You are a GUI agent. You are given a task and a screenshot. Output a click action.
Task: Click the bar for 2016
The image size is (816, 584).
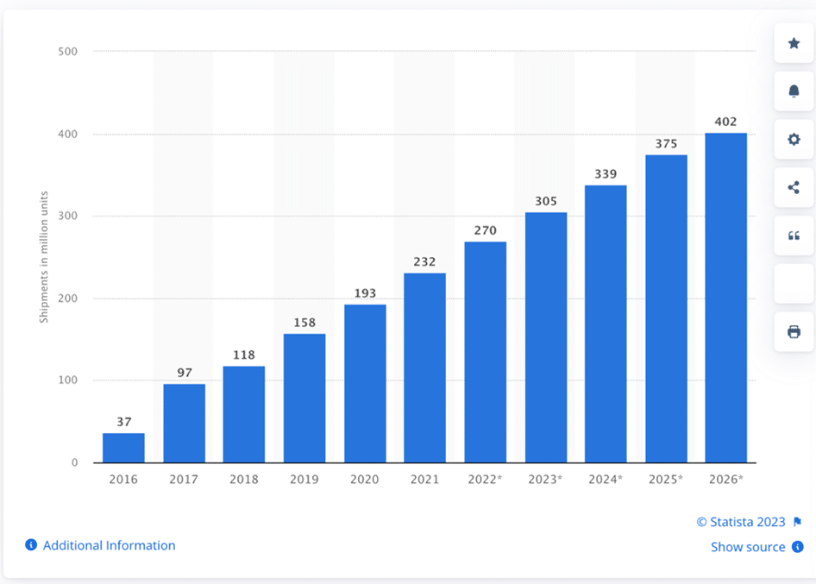point(123,448)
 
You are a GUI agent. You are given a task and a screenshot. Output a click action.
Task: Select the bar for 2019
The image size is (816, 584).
point(304,398)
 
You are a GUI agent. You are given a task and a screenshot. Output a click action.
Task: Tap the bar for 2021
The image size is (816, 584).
point(424,367)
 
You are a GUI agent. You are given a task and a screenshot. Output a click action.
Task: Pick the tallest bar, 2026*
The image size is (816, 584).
point(725,298)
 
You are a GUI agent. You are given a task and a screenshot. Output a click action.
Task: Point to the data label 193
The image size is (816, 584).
point(365,293)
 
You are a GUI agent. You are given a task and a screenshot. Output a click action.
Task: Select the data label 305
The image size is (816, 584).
point(545,201)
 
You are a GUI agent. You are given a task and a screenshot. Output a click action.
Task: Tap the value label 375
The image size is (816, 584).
point(666,144)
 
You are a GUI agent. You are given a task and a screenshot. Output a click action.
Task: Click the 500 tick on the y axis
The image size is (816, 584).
point(68,52)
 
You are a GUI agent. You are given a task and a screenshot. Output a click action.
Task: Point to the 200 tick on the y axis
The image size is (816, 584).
point(68,298)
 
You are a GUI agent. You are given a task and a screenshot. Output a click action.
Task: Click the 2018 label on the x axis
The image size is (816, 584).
point(244,479)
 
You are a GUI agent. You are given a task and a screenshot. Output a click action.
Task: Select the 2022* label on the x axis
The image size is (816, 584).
point(486,479)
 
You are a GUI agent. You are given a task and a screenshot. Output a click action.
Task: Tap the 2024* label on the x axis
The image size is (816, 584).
point(606,479)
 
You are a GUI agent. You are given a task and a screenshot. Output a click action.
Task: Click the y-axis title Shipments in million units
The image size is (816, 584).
point(43,257)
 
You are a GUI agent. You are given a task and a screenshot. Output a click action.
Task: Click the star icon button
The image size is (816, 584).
point(794,43)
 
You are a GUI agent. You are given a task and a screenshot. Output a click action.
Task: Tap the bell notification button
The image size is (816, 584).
point(794,91)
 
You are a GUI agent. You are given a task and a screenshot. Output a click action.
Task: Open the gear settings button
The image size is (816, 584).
point(794,139)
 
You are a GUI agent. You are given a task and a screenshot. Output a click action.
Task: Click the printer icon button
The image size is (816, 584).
point(794,331)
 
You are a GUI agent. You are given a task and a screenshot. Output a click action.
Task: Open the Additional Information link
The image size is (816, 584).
point(109,545)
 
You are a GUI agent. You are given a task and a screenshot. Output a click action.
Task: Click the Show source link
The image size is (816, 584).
point(748,547)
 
